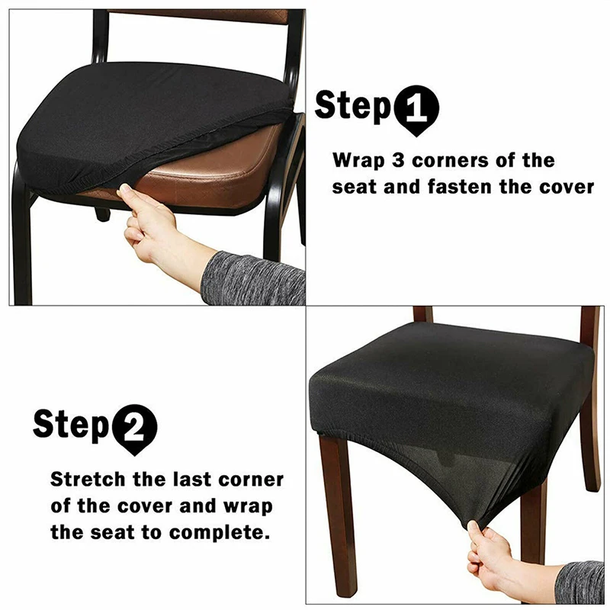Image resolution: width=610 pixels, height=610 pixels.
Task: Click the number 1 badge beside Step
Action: click(416, 111)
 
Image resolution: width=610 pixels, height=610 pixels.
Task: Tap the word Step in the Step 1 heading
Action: click(353, 107)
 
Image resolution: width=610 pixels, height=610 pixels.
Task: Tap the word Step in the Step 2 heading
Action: click(71, 425)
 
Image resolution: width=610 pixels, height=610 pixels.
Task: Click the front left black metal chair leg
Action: click(22, 244)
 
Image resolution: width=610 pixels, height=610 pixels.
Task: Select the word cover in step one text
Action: click(565, 187)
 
